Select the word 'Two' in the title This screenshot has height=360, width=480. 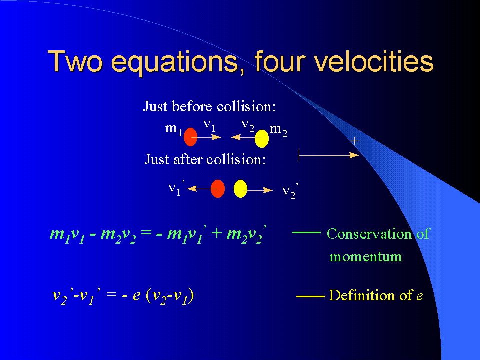(x=75, y=61)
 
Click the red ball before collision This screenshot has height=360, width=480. (x=190, y=137)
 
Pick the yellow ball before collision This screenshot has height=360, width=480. (x=262, y=138)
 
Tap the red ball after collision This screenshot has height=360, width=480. (x=218, y=189)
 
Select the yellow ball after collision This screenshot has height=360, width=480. (x=240, y=189)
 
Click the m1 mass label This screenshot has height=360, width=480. (x=174, y=129)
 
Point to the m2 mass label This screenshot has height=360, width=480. (x=278, y=130)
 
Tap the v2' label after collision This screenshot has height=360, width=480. (x=290, y=191)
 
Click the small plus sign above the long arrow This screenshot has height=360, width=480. (x=354, y=141)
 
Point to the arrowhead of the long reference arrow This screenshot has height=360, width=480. (x=354, y=155)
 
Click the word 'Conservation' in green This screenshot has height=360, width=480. (x=369, y=234)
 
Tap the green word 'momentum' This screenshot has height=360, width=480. (x=365, y=256)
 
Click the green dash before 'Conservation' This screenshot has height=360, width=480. (x=306, y=233)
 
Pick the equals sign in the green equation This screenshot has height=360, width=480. (x=146, y=233)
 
